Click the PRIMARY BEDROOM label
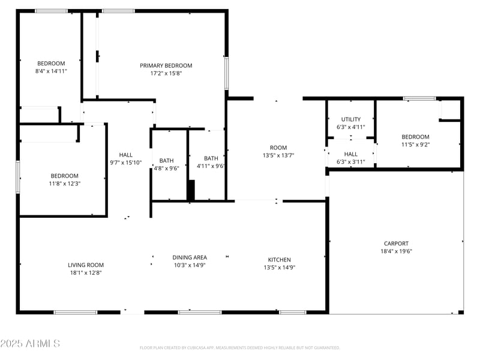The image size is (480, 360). tap(166, 65)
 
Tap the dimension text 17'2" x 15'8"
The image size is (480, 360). tap(166, 73)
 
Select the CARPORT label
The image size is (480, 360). tap(396, 244)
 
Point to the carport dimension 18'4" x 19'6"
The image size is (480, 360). tap(396, 251)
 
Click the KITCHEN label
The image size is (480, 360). tap(280, 260)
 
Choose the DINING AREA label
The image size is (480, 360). tap(190, 257)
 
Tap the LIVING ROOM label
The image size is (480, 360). tap(85, 265)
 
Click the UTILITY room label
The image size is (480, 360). tap(351, 119)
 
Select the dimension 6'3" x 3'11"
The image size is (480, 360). tap(351, 162)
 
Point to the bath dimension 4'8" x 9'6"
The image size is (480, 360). tap(166, 169)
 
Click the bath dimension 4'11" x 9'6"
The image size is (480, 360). tap(211, 166)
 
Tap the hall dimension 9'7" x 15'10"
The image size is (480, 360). tap(126, 162)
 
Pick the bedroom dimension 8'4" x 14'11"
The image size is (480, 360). tap(51, 71)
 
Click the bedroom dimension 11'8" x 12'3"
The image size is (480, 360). tap(64, 184)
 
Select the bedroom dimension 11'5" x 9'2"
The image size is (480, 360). tap(415, 145)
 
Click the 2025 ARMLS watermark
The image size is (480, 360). tap(30, 344)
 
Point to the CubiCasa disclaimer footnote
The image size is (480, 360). tap(240, 347)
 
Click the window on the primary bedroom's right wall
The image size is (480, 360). tap(226, 73)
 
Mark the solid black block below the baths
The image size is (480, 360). tap(191, 191)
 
